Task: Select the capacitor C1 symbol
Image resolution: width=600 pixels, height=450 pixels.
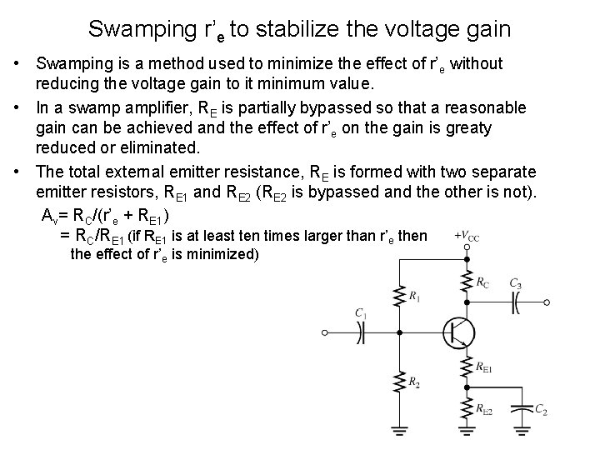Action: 361,332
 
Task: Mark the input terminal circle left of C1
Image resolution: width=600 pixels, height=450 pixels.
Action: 326,332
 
